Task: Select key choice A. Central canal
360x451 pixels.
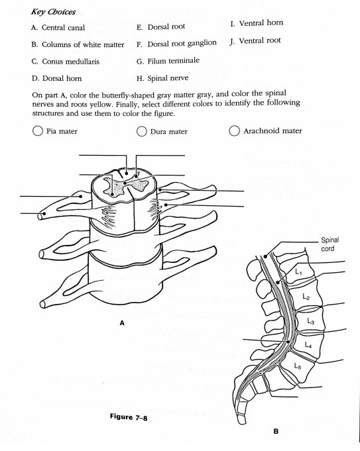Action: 58,28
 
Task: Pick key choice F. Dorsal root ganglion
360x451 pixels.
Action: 176,44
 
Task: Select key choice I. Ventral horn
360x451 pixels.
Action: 257,23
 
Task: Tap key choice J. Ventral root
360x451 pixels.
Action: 255,40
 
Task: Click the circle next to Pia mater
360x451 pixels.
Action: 38,131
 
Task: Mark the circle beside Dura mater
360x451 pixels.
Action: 142,131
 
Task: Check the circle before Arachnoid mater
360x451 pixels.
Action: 234,131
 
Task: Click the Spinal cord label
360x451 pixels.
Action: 330,244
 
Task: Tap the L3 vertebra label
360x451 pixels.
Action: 310,321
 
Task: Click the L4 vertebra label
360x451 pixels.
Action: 307,344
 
